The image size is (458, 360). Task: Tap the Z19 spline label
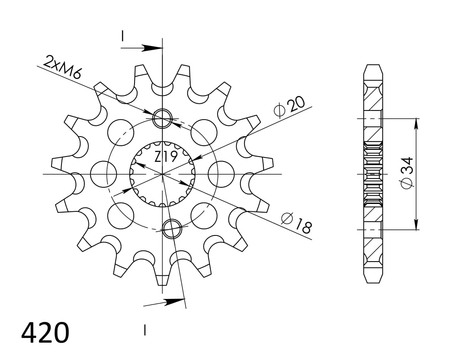tap(166, 157)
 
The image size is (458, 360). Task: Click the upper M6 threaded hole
tap(162, 118)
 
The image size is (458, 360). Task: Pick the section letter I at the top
tap(122, 36)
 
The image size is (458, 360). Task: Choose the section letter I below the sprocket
tap(145, 330)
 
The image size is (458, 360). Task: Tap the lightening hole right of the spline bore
tap(220, 174)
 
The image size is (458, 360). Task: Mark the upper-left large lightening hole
tap(121, 132)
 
